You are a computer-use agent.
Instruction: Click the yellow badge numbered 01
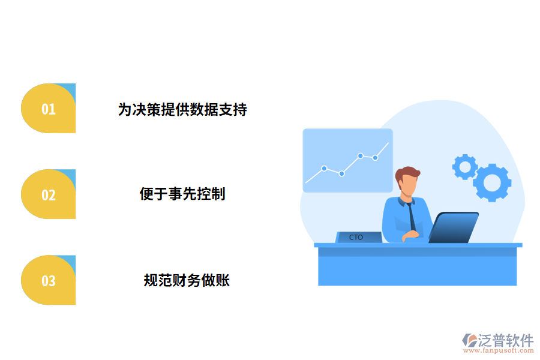click(x=48, y=109)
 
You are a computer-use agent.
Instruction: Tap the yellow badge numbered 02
click(x=48, y=194)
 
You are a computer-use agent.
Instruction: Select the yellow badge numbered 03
click(x=48, y=280)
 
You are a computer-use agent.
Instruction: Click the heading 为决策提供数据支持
click(x=182, y=109)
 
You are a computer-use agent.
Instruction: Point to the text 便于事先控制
click(x=182, y=194)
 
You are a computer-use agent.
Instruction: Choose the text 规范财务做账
click(x=187, y=280)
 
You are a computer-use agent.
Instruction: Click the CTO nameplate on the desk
click(x=358, y=237)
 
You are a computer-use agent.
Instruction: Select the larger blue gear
click(x=492, y=182)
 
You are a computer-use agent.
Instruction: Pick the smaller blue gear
click(x=464, y=166)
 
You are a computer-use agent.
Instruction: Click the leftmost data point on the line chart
click(x=324, y=169)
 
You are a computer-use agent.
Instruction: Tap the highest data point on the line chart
click(x=361, y=155)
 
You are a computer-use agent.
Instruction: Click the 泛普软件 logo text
click(x=505, y=340)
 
